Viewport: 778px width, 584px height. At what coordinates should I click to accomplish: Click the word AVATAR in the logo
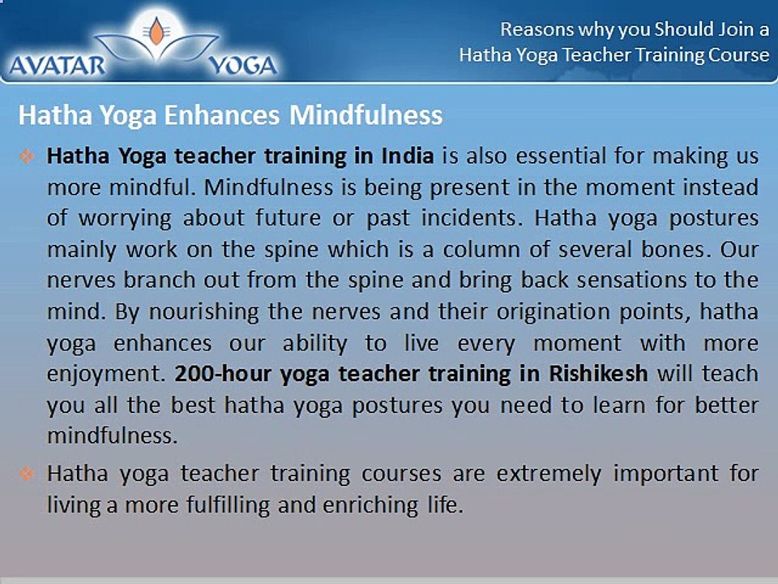(57, 65)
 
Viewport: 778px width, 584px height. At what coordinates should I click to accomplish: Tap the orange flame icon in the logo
(156, 32)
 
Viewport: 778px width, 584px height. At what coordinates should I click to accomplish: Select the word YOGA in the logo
(242, 66)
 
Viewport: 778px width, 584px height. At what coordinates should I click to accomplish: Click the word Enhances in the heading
(222, 114)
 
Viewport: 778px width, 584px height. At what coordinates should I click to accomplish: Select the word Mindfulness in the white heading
(365, 114)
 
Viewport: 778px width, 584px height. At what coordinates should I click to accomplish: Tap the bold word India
(408, 156)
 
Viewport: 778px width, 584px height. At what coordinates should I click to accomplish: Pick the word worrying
(125, 218)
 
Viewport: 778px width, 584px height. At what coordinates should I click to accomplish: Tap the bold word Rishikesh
(598, 373)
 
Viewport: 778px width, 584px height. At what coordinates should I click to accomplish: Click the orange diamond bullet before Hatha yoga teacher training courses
(27, 474)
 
